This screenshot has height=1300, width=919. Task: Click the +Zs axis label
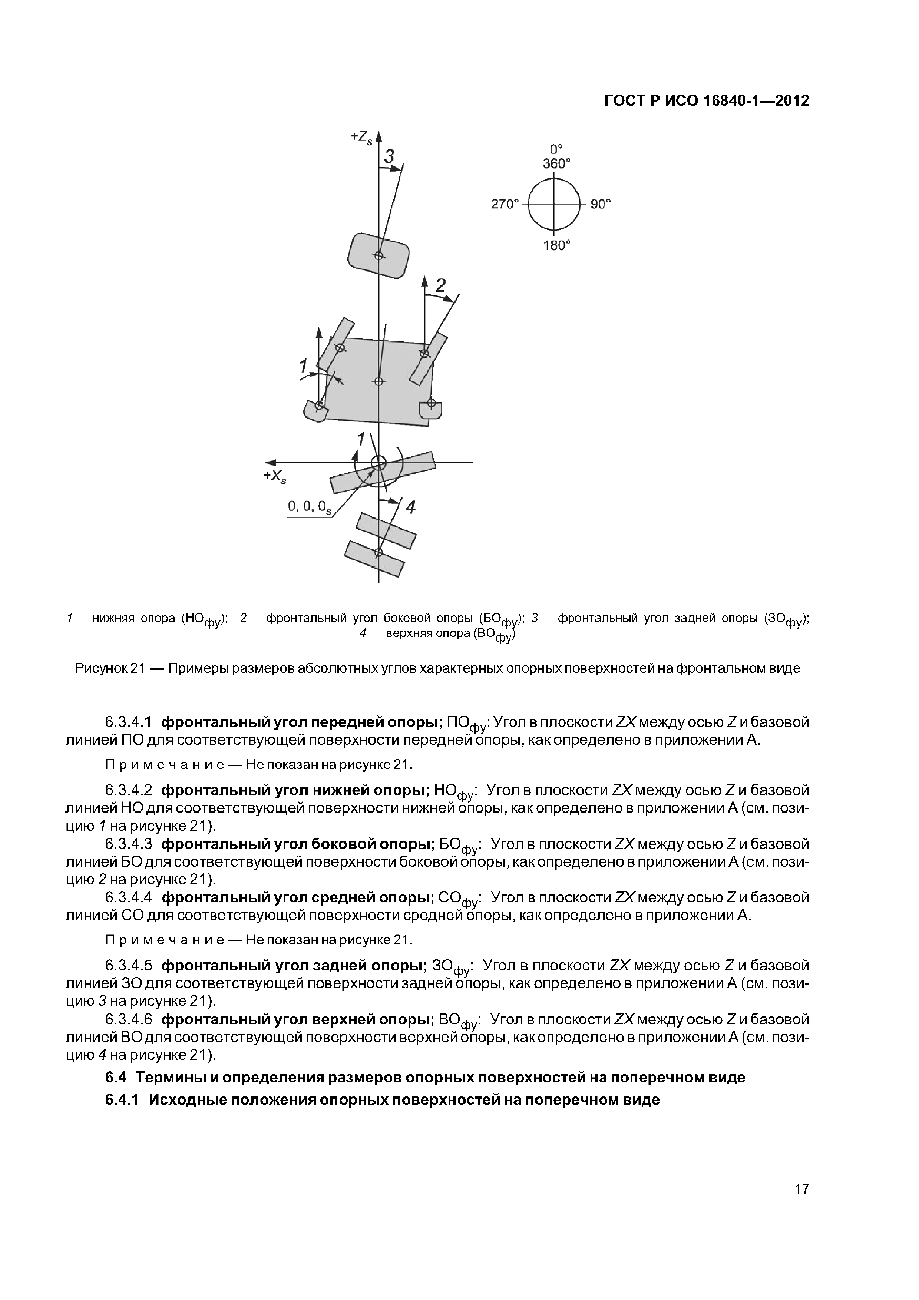click(x=361, y=138)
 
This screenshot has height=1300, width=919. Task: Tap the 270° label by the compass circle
click(x=505, y=204)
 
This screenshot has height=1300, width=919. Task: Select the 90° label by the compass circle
click(x=601, y=204)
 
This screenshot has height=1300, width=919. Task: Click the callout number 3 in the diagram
click(x=390, y=156)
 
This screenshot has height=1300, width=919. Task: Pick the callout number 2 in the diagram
click(x=440, y=286)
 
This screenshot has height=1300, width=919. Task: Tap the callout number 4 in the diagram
click(x=410, y=507)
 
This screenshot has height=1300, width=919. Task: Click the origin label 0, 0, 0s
click(x=309, y=507)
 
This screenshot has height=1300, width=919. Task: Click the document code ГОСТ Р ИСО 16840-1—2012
click(x=707, y=101)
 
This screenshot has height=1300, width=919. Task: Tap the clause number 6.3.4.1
click(x=129, y=722)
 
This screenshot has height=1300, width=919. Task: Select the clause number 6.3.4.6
click(x=129, y=1020)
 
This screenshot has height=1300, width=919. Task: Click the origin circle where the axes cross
click(x=378, y=463)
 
